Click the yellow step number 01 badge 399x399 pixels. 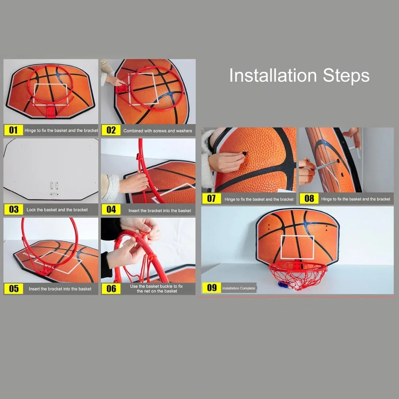[x=14, y=130]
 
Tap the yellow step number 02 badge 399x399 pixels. [x=111, y=130]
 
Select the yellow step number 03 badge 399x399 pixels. [x=14, y=209]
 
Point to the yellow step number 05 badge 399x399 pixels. [x=14, y=288]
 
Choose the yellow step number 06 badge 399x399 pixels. [x=111, y=288]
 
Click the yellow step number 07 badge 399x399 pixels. [x=211, y=199]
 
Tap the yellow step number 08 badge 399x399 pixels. [x=309, y=199]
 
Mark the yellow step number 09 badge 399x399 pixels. [x=211, y=288]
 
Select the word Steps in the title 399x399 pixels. [x=346, y=76]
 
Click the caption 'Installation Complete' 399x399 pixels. [x=238, y=288]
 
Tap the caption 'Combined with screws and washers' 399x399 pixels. [x=158, y=130]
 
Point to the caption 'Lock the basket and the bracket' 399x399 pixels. [x=57, y=209]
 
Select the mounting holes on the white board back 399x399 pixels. [x=53, y=187]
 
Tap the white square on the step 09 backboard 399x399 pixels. [x=297, y=247]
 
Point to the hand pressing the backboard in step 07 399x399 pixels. [x=225, y=162]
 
